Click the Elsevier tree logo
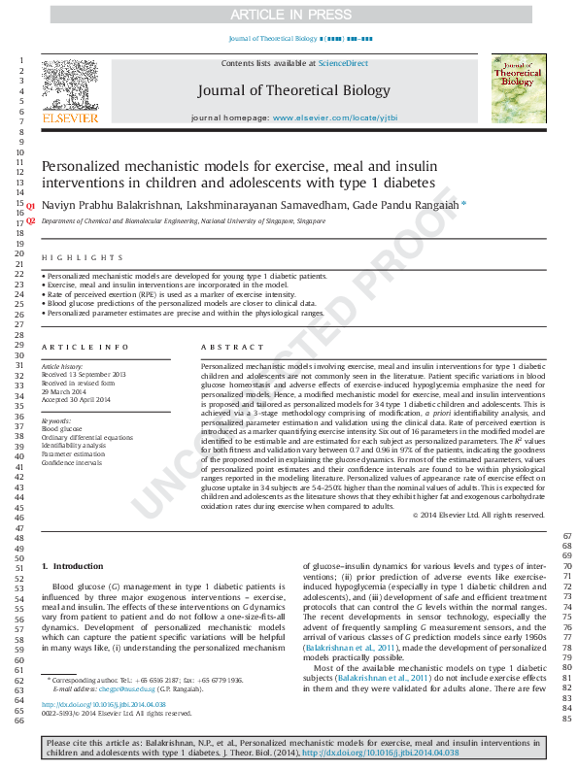point(69,85)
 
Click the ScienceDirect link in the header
point(344,63)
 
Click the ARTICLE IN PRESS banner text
point(289,15)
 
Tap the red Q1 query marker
point(30,207)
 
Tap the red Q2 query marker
point(30,220)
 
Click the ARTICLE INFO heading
point(85,347)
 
